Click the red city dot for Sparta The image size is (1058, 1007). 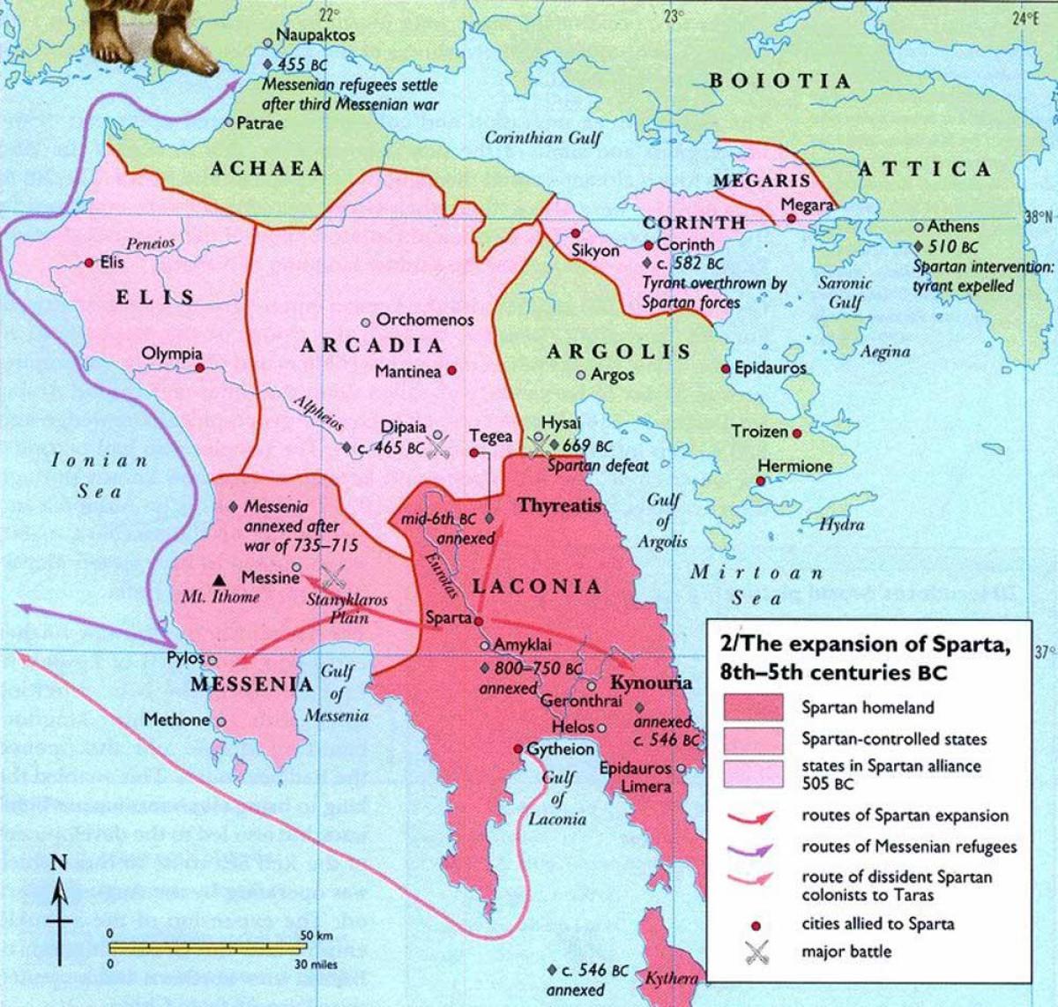(479, 620)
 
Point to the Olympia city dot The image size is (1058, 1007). (200, 367)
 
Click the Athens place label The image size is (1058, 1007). (952, 227)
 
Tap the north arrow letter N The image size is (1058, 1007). (58, 863)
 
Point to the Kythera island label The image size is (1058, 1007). (672, 978)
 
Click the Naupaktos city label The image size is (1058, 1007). (316, 35)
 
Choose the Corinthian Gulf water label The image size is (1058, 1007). (543, 138)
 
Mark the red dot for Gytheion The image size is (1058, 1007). (518, 749)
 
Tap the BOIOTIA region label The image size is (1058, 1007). (781, 81)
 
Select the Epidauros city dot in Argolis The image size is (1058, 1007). (726, 368)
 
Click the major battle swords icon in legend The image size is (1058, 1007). (756, 952)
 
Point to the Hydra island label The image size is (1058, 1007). (841, 525)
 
